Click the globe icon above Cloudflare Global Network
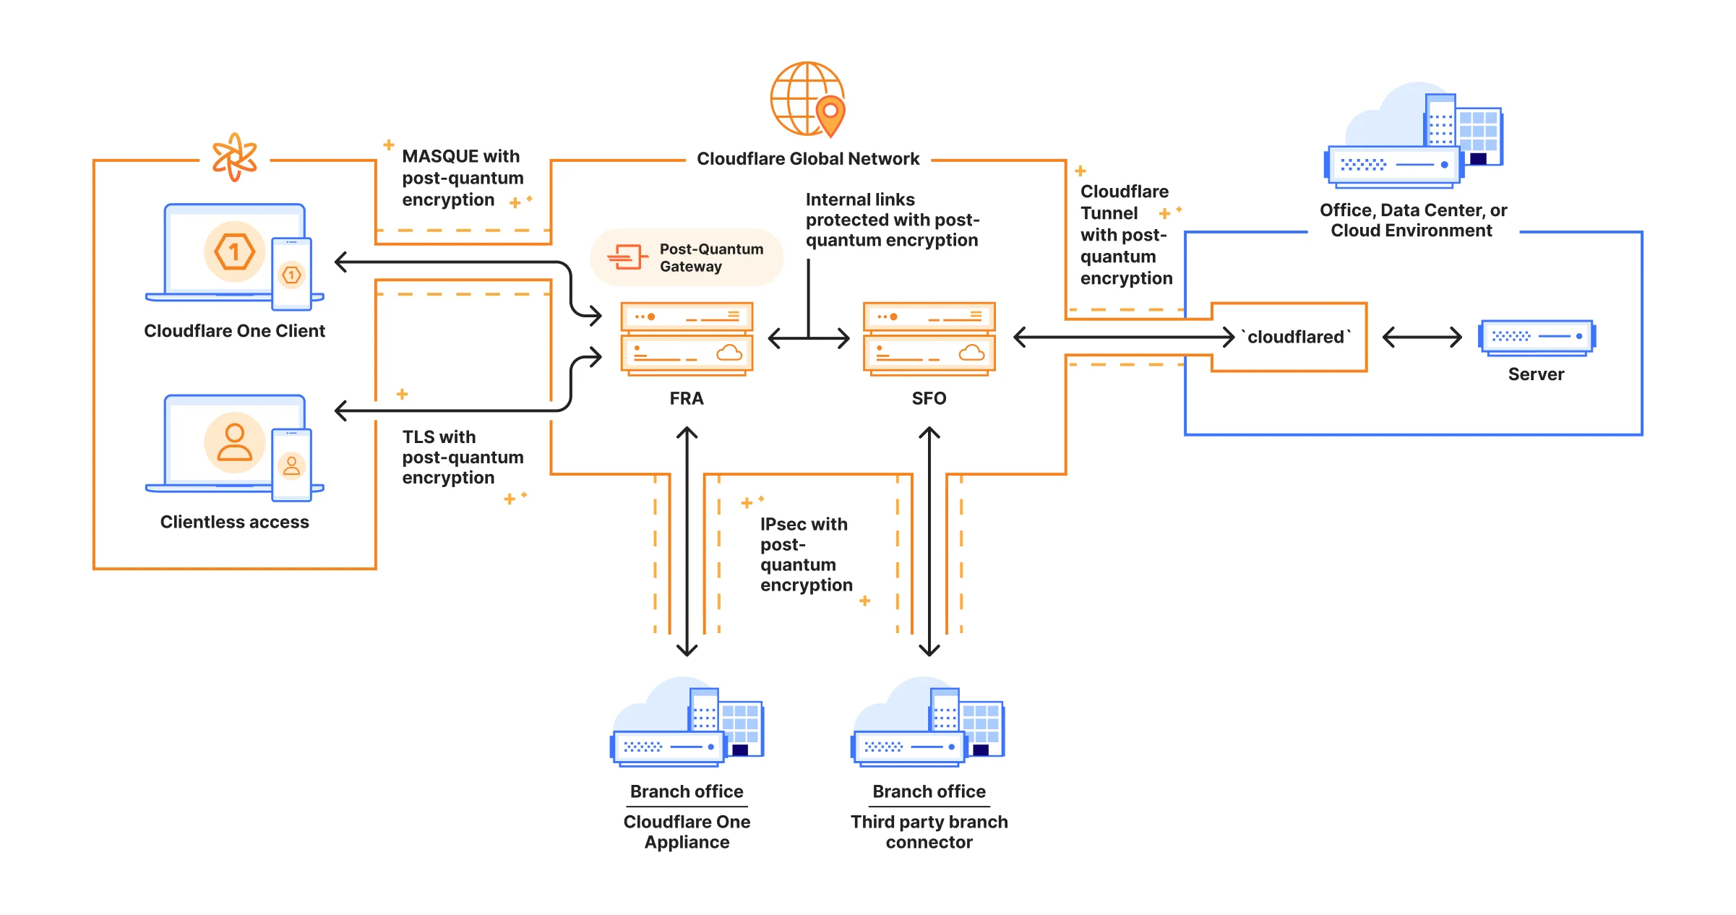coord(807,100)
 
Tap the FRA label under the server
coord(686,398)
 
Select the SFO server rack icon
coord(929,339)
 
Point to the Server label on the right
coord(1535,374)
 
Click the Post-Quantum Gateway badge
coord(687,258)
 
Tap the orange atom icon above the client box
coord(234,157)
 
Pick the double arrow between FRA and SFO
coord(808,338)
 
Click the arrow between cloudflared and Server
coord(1421,337)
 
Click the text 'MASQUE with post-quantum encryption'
coord(463,178)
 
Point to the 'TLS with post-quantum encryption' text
coord(463,457)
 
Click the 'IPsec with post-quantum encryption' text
coord(805,554)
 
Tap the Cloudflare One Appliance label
coord(686,832)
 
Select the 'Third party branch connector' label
coord(929,832)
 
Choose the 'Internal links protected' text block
coord(892,220)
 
